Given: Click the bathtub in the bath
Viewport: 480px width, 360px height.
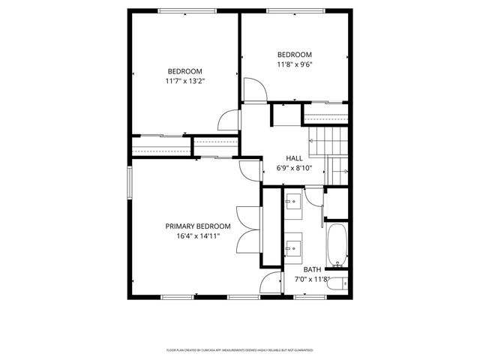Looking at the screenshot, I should [337, 245].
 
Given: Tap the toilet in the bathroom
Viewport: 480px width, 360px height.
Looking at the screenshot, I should [340, 283].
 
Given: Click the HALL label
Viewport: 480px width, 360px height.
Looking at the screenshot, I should [294, 158].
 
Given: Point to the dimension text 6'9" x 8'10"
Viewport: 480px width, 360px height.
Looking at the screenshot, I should [294, 168].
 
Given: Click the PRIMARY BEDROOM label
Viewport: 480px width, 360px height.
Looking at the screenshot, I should [198, 226].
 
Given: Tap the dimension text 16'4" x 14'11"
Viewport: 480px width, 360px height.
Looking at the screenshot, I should [198, 235].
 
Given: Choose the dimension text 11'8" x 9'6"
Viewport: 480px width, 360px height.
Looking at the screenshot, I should [294, 64].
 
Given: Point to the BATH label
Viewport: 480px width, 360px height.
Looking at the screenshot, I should [312, 269].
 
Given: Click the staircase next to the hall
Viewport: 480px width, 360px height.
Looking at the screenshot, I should [328, 151].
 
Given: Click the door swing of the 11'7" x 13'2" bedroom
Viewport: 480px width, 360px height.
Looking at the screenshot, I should [227, 120].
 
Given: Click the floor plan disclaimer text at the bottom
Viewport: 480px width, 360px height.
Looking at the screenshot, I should [239, 350].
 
